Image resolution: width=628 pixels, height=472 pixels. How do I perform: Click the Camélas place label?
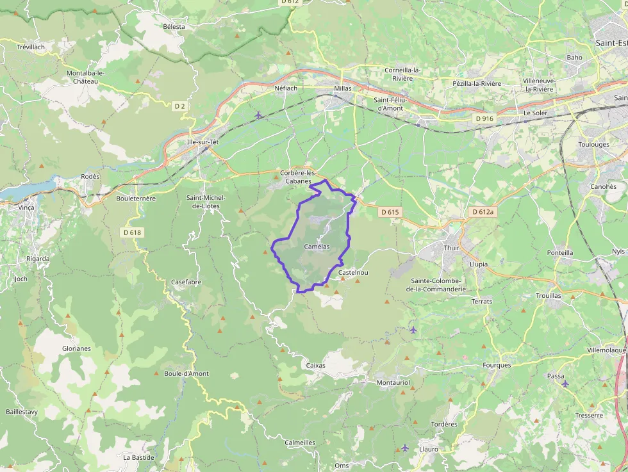point(317,246)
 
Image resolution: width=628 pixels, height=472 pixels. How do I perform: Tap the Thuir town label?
point(452,247)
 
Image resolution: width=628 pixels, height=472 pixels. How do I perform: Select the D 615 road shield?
point(390,212)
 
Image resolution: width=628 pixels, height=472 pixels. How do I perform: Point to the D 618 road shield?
point(131,232)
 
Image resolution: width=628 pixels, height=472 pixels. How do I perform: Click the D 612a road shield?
point(483,212)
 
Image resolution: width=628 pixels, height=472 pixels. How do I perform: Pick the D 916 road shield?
point(484,119)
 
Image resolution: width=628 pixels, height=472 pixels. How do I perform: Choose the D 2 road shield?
point(179,106)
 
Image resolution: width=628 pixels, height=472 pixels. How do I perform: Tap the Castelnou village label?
point(353,273)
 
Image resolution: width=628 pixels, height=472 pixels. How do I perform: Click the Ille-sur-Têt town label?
point(202,142)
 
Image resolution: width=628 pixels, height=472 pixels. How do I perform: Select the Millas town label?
point(343,88)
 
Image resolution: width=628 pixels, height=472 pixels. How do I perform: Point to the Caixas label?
point(316,366)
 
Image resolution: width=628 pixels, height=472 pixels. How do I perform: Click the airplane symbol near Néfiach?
point(258,115)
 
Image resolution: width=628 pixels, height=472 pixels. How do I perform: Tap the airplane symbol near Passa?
point(565,384)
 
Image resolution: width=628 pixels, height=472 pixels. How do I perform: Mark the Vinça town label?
point(26,208)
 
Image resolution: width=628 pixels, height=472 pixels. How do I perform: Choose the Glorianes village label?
point(76,349)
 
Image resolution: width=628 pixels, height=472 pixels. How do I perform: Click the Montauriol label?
point(393,382)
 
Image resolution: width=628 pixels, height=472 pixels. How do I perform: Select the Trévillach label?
point(31,47)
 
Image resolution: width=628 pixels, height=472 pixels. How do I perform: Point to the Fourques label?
point(497,365)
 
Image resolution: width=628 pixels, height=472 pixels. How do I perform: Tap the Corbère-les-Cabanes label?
point(300,177)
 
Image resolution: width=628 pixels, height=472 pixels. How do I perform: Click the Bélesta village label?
point(174,26)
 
